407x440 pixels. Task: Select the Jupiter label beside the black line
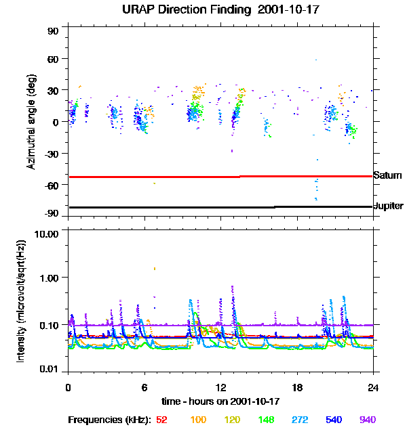(x=389, y=206)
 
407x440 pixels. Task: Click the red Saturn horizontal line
(x=203, y=177)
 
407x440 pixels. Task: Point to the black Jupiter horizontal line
(x=203, y=207)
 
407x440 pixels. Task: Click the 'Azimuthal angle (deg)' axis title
(x=31, y=123)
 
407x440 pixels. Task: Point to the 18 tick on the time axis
(x=297, y=388)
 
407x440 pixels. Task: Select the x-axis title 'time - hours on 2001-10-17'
(x=221, y=401)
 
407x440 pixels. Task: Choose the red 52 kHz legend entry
(x=161, y=420)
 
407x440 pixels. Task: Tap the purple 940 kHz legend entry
(x=367, y=420)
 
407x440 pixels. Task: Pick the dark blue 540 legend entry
(x=333, y=420)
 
